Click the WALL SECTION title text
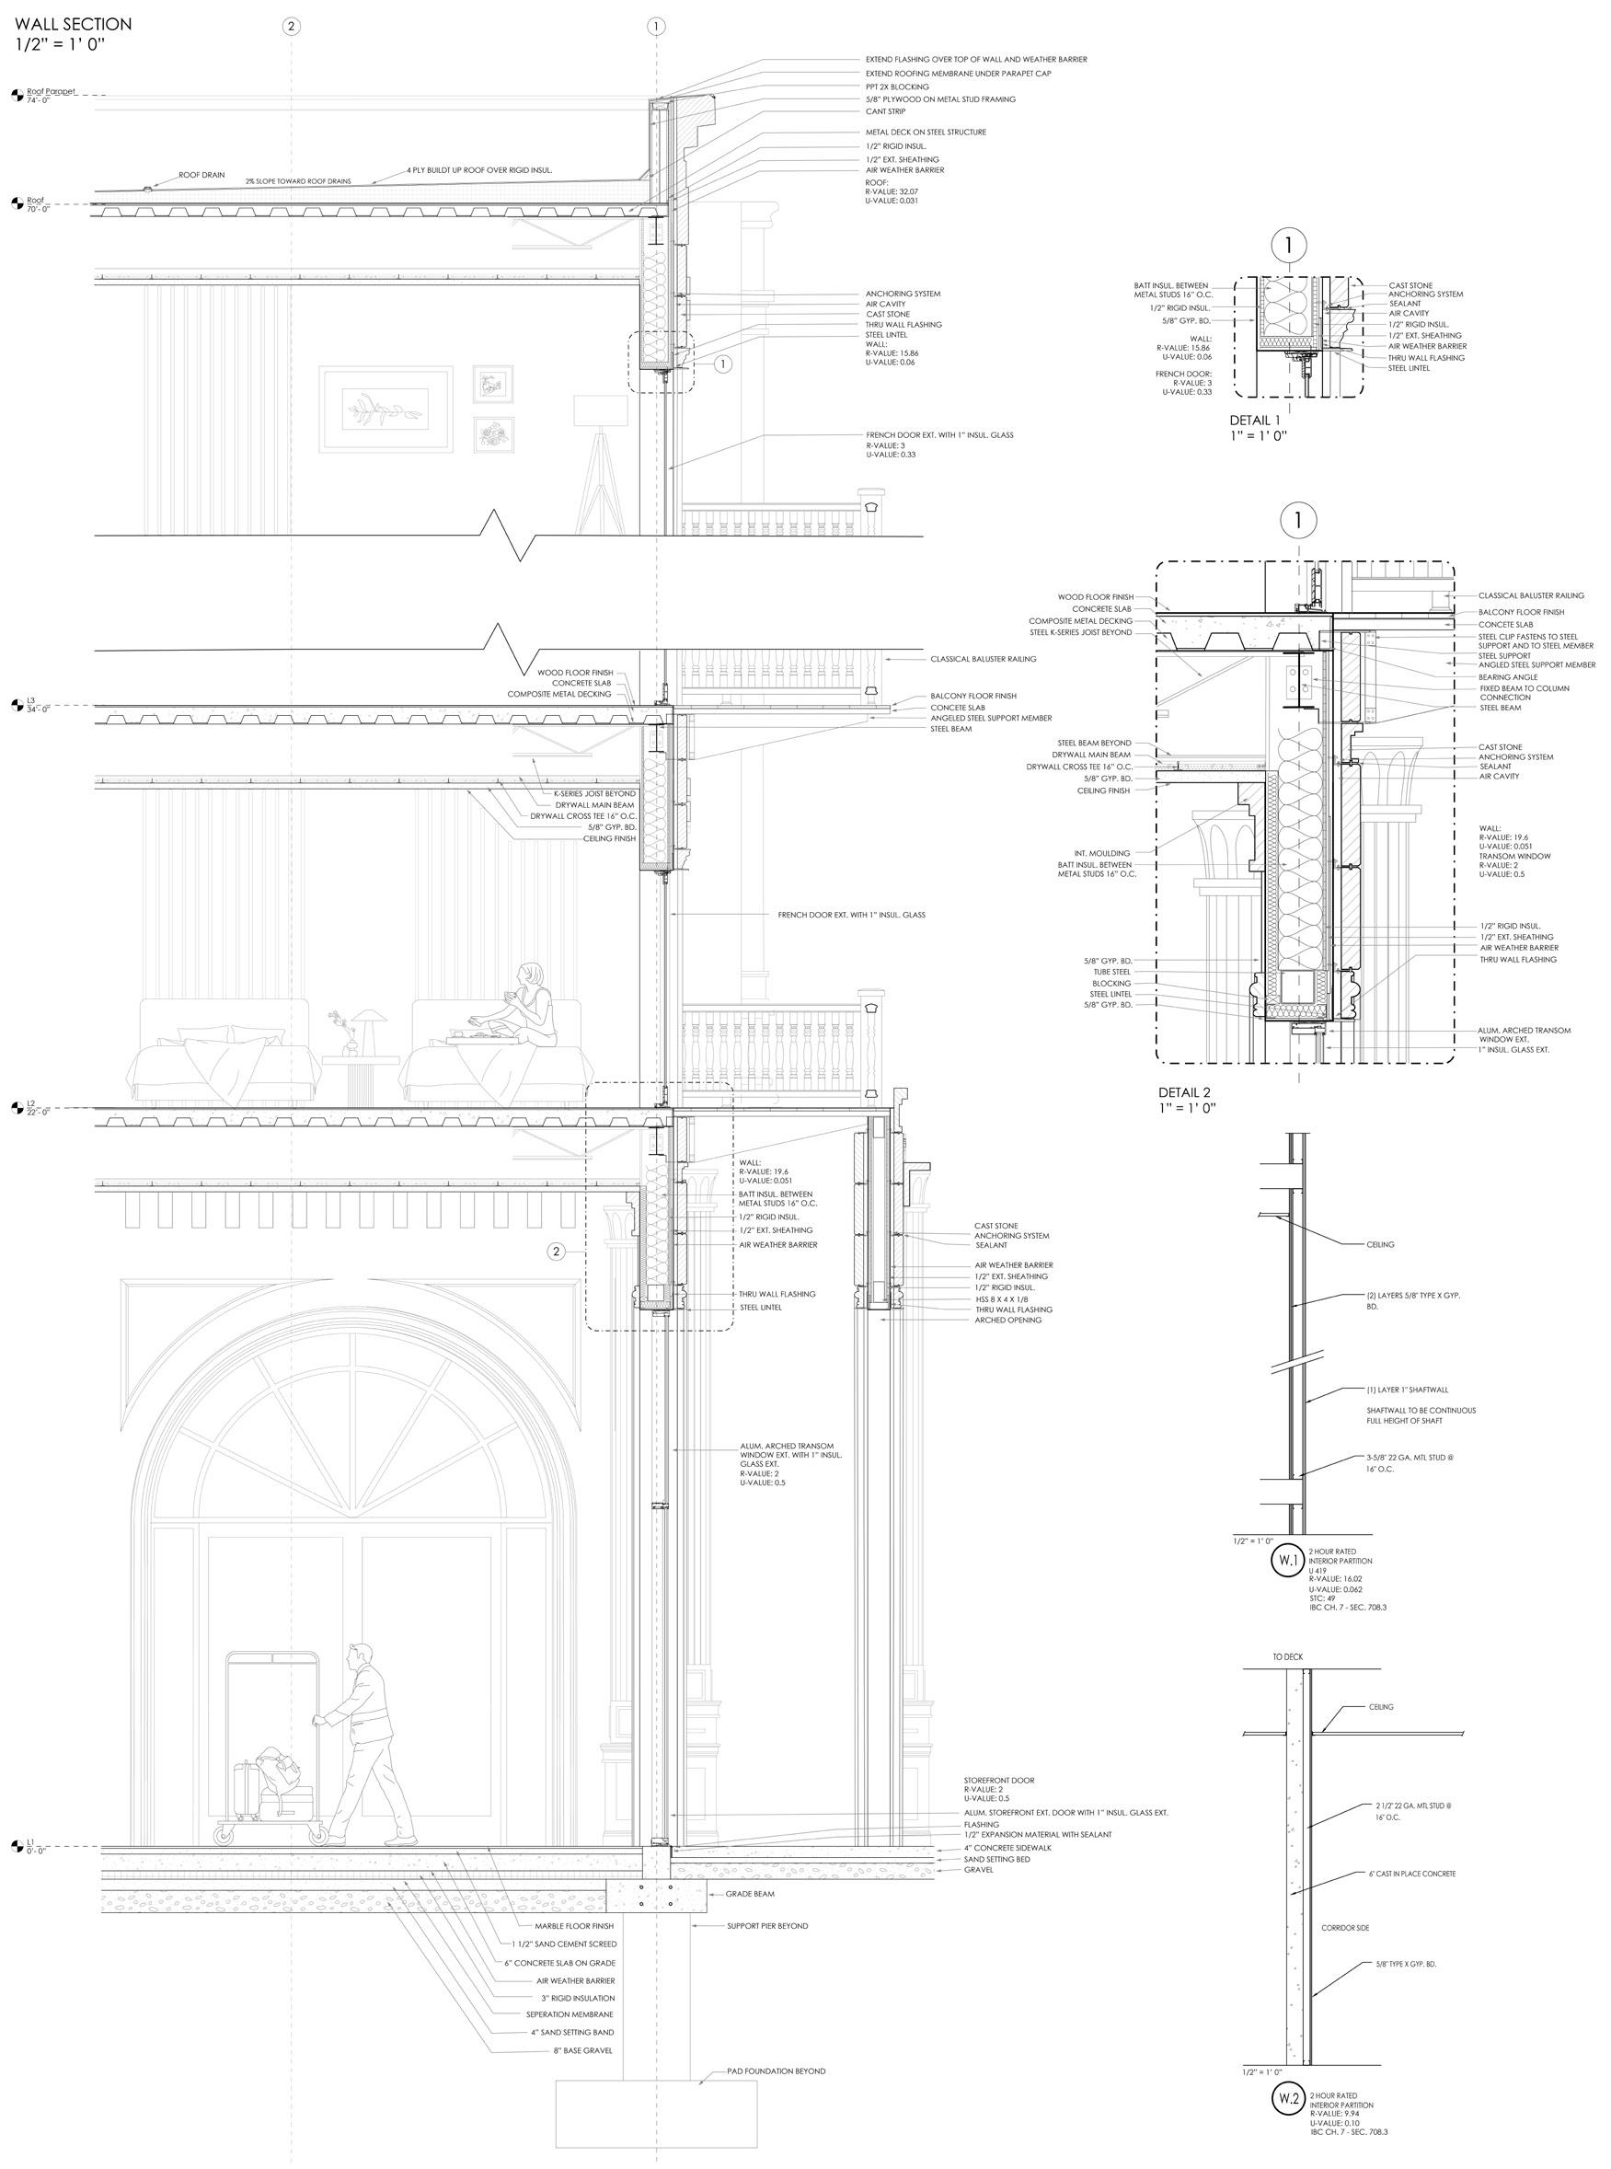click(x=73, y=24)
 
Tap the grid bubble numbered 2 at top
click(x=290, y=27)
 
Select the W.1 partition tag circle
click(x=1285, y=1561)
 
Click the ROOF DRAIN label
click(x=201, y=176)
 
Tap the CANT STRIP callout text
click(x=885, y=111)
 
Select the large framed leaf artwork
click(x=386, y=409)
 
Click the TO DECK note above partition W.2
click(x=1286, y=1657)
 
